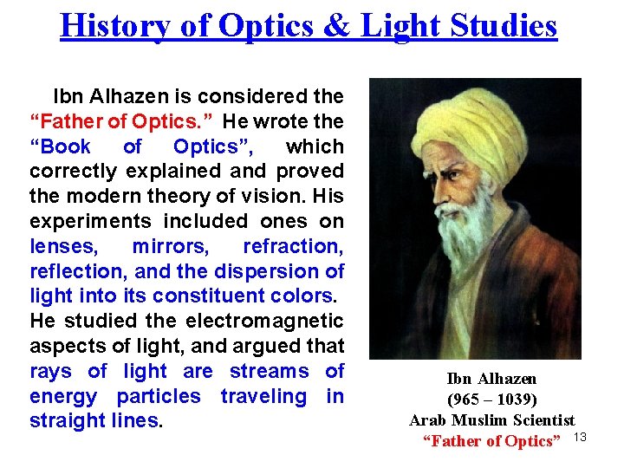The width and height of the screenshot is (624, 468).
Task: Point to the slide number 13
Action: tap(581, 436)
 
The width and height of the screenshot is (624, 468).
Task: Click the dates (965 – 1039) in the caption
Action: tap(491, 400)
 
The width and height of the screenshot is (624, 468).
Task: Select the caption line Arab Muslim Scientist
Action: tap(491, 420)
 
